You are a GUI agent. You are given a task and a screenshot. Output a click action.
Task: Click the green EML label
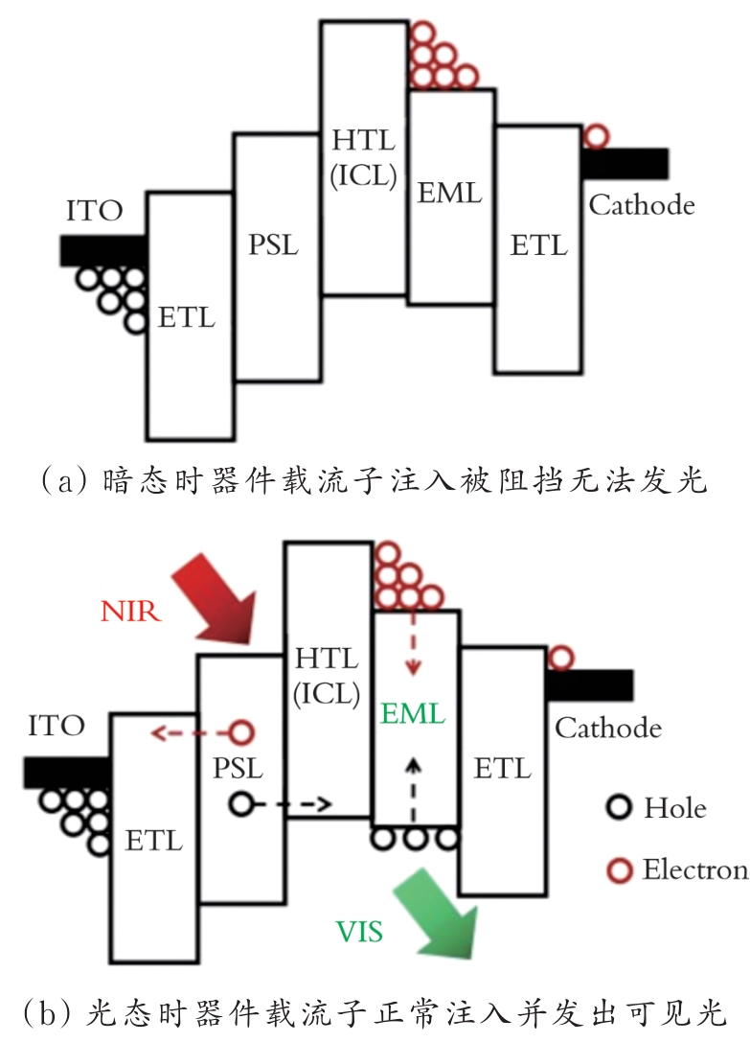coord(413,713)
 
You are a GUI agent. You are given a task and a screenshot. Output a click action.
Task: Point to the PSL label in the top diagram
coord(273,244)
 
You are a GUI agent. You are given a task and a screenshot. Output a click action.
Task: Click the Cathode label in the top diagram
coord(641,204)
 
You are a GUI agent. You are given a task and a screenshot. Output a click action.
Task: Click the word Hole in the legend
coord(674,807)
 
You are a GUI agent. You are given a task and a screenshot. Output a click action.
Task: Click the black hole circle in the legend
coord(621,808)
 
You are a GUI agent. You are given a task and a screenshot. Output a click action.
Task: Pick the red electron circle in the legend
coord(621,870)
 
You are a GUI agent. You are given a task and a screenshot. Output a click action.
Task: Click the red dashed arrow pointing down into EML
coord(415,637)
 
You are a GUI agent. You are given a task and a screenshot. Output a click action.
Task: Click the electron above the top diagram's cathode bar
coord(596,136)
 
